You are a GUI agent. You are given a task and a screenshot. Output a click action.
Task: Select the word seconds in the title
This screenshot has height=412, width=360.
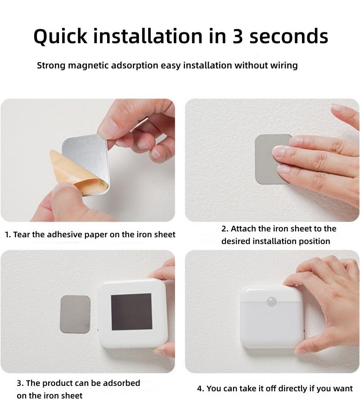coord(289,36)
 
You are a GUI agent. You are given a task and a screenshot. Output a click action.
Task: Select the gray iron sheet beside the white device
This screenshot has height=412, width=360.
coord(75,313)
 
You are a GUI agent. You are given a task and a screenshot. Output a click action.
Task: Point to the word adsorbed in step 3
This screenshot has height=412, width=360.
coord(122,383)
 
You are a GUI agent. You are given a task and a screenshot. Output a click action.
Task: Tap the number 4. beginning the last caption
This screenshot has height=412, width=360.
coord(201,389)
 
